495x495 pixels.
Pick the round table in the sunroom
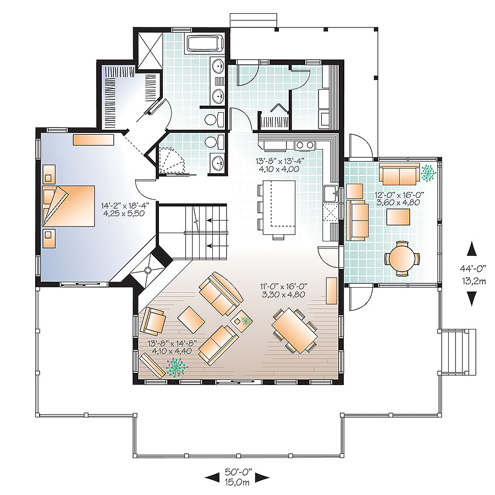(402, 257)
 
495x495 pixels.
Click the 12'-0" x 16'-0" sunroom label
(406, 199)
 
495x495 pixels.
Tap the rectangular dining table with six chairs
(295, 329)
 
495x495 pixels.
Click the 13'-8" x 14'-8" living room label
(170, 346)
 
